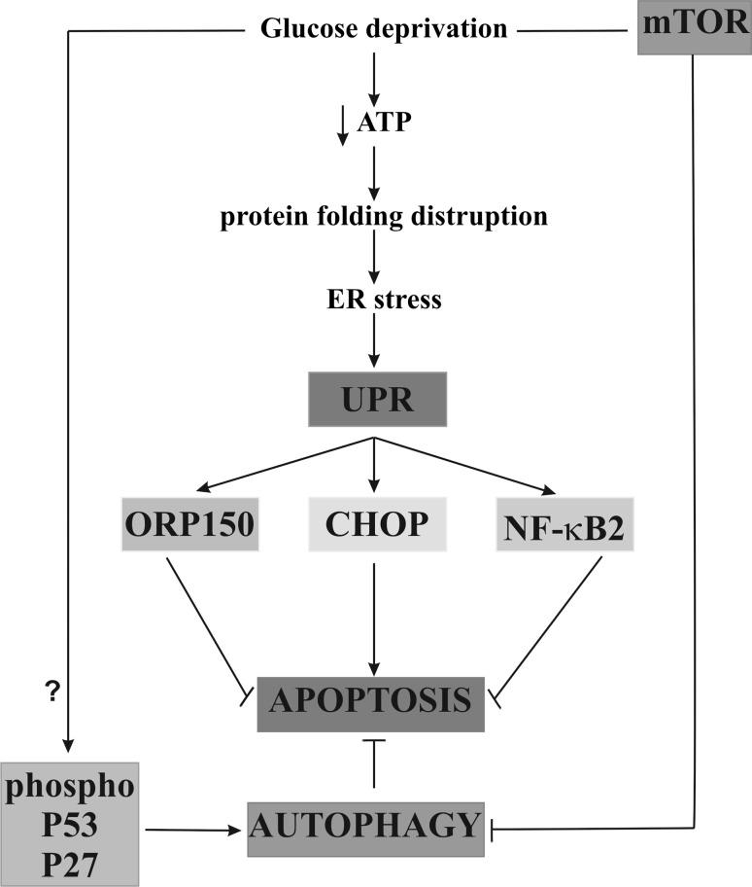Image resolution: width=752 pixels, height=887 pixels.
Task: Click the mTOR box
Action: tap(694, 28)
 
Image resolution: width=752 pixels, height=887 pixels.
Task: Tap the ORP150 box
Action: tap(188, 525)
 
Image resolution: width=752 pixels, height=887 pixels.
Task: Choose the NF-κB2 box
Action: tap(563, 525)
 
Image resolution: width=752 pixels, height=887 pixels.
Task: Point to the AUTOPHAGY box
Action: tap(365, 828)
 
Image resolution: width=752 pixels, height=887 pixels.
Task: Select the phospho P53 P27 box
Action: tap(70, 824)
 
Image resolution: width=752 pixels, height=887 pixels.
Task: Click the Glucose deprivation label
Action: tap(384, 29)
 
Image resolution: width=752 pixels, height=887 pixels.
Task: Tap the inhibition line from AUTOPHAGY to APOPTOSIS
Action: tap(374, 763)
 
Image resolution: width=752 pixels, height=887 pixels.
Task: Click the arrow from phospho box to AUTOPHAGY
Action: tap(189, 830)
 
